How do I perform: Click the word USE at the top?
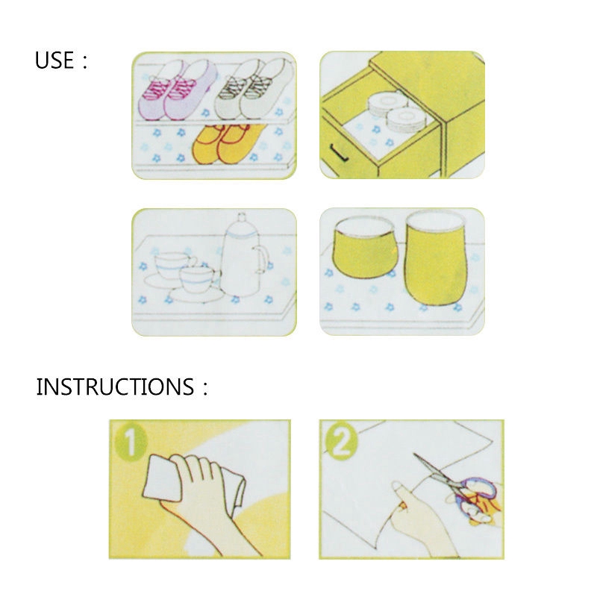[54, 60]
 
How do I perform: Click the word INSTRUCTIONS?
[115, 387]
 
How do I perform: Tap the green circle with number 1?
[131, 442]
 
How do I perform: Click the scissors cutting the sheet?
[457, 486]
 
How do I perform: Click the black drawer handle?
[339, 153]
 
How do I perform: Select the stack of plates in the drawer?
[397, 111]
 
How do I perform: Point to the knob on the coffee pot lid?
[242, 217]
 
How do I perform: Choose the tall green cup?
[436, 257]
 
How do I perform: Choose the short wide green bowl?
[364, 248]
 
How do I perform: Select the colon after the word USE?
[84, 62]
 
